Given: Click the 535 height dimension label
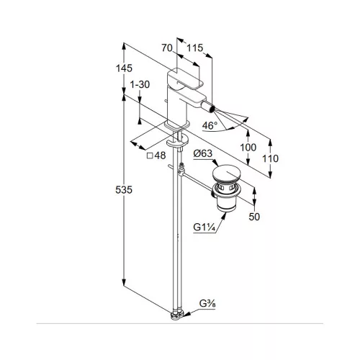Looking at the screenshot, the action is pyautogui.click(x=124, y=190).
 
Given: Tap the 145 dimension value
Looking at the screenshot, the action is pyautogui.click(x=124, y=68).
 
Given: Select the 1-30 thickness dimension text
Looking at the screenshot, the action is pyautogui.click(x=140, y=84).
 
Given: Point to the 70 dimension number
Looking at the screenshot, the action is pyautogui.click(x=167, y=48).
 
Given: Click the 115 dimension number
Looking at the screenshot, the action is pyautogui.click(x=195, y=48).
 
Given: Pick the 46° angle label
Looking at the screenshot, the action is pyautogui.click(x=210, y=125).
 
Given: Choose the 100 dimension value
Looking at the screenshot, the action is pyautogui.click(x=248, y=148).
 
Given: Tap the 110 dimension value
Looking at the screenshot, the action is pyautogui.click(x=270, y=158).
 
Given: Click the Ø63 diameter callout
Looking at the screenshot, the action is pyautogui.click(x=203, y=153).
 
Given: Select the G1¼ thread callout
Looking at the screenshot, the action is pyautogui.click(x=204, y=227).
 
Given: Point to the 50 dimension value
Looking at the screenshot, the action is pyautogui.click(x=254, y=217).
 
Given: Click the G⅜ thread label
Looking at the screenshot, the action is pyautogui.click(x=207, y=304).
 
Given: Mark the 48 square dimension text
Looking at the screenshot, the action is pyautogui.click(x=160, y=156).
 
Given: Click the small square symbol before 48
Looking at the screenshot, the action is pyautogui.click(x=150, y=156).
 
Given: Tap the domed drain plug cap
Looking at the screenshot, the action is pyautogui.click(x=226, y=174).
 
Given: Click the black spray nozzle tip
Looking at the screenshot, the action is pyautogui.click(x=211, y=109).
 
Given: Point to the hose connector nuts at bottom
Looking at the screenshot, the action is pyautogui.click(x=177, y=315).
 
